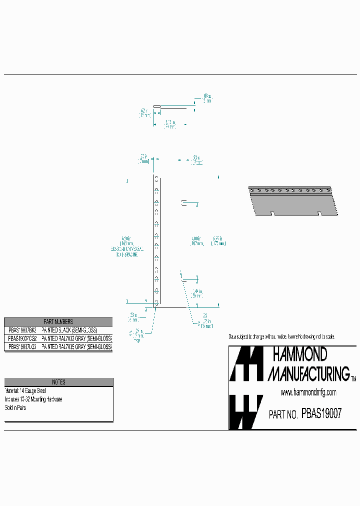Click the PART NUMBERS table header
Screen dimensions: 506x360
tap(58, 321)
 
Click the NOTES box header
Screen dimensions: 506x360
tap(58, 382)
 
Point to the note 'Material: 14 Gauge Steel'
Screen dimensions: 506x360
tap(25, 390)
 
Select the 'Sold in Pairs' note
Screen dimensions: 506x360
tap(15, 407)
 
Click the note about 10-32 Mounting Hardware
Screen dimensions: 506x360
tap(33, 399)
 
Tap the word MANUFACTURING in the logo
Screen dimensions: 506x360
tap(308, 373)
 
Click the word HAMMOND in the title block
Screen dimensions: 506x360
tap(299, 354)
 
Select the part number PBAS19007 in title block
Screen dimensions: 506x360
tap(321, 414)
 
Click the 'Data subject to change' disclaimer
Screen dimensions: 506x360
tap(281, 336)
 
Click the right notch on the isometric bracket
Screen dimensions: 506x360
tap(319, 213)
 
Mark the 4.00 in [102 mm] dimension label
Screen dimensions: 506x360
tap(196, 241)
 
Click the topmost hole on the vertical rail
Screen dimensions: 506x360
tap(156, 179)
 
